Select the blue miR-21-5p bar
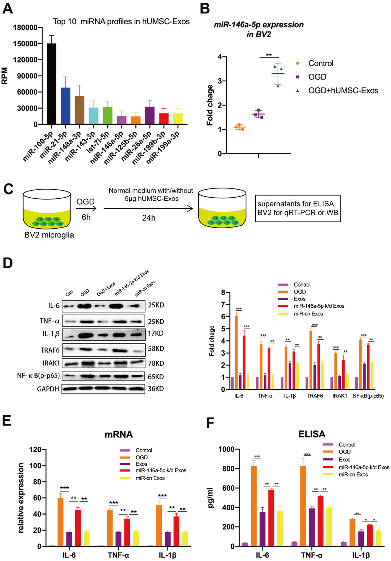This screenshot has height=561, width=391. (66, 106)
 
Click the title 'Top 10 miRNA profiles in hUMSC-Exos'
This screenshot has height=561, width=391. (121, 21)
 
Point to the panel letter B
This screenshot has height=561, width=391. (205, 8)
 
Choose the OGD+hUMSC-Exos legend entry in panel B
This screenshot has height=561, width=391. (343, 91)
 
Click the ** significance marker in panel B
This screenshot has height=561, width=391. (269, 55)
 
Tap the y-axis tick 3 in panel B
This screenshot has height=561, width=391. (220, 81)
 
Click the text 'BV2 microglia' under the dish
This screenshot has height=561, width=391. (49, 235)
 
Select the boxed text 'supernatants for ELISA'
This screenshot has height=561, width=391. (296, 204)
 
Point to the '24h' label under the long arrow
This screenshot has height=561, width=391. (149, 218)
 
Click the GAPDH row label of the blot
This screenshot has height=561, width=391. (48, 389)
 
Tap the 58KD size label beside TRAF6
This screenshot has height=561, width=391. (156, 349)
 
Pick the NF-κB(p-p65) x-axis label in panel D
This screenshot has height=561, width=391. (368, 396)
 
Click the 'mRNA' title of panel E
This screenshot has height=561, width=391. (118, 434)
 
